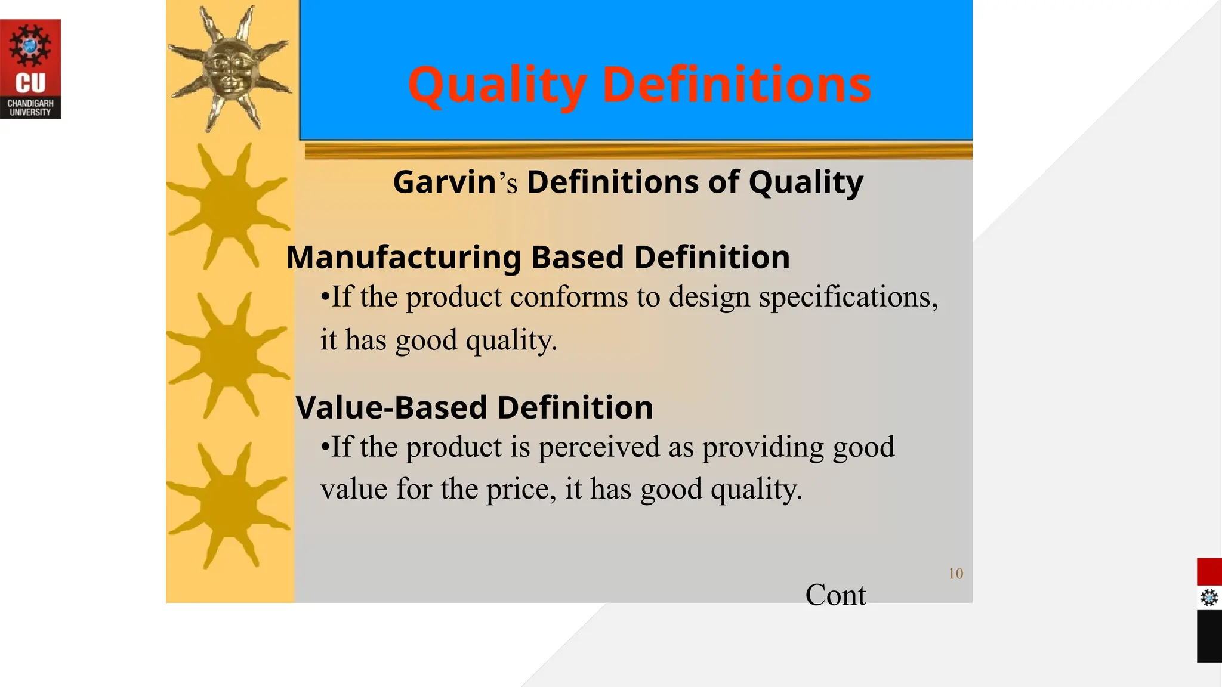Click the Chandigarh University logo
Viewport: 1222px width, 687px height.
[x=30, y=69]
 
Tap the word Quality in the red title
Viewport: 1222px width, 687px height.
[x=497, y=85]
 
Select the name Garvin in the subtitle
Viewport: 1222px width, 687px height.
[x=445, y=182]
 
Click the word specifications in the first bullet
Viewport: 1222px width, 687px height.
[x=848, y=296]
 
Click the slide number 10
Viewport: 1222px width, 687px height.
[x=956, y=574]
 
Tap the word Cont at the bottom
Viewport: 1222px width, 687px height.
[x=835, y=595]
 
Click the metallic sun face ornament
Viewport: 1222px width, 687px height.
[x=230, y=69]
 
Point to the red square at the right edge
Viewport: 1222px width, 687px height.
[x=1209, y=572]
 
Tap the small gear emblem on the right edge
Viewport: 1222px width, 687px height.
[x=1209, y=598]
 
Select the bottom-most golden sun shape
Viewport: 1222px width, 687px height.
[x=229, y=505]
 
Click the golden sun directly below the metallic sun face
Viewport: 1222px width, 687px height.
[x=229, y=206]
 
